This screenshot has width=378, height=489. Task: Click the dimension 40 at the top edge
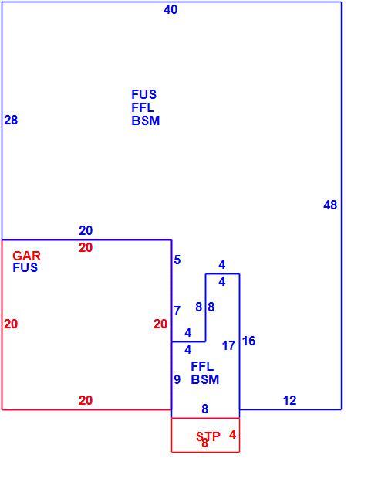[170, 10]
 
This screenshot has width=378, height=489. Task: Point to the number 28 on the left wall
[11, 120]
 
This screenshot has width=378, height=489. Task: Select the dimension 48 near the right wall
[330, 205]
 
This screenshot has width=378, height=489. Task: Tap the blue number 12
[289, 400]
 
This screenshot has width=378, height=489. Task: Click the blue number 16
[248, 341]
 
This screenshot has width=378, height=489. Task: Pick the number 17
[228, 345]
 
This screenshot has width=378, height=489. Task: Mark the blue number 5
[177, 260]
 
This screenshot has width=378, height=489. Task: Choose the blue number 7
[177, 311]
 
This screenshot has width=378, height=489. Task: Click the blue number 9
[177, 379]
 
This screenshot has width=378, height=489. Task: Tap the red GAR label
[26, 256]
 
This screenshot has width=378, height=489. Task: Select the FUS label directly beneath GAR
[25, 267]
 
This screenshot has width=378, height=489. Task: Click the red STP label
[208, 436]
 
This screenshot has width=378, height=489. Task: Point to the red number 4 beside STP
[232, 434]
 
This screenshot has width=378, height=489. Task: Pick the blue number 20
[86, 230]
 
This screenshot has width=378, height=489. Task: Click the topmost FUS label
[143, 94]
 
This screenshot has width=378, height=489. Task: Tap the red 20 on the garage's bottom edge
[86, 400]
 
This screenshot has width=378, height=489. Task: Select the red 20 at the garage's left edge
[11, 324]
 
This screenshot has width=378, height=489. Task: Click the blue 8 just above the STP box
[204, 409]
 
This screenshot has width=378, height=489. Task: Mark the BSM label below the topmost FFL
[145, 121]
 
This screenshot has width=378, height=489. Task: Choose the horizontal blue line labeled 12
[290, 409]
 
